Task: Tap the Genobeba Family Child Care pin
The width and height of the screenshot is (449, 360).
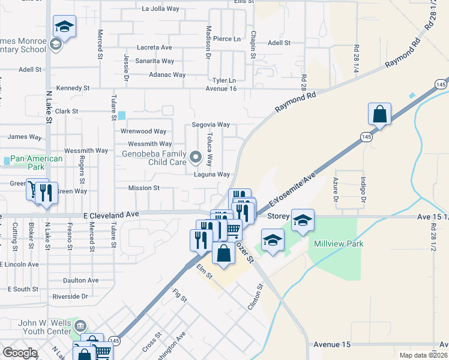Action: click(195, 158)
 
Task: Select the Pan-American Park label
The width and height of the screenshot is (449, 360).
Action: click(37, 163)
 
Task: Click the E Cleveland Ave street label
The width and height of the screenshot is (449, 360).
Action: click(111, 214)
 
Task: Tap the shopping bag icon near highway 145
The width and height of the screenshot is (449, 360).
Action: click(379, 113)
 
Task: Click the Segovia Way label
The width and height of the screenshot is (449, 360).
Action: click(211, 125)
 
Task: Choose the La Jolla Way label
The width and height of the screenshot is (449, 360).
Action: click(161, 9)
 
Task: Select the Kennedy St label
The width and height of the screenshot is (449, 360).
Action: click(73, 88)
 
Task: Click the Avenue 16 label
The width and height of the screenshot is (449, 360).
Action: click(221, 89)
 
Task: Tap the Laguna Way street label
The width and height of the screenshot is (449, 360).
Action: click(212, 175)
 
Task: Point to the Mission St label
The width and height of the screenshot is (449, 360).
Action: click(143, 188)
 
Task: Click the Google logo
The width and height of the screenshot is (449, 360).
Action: click(20, 353)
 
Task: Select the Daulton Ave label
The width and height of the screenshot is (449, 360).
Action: click(80, 280)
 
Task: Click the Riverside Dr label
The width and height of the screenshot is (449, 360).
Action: click(70, 296)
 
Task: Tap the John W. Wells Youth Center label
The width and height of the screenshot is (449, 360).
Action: click(45, 326)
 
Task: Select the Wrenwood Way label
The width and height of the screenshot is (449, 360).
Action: click(143, 131)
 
